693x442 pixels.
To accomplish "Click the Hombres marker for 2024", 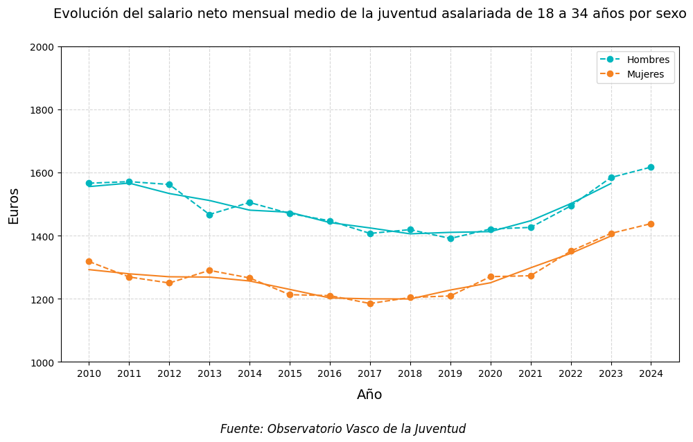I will tap(651, 167).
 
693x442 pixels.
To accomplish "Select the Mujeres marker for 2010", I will tap(89, 261).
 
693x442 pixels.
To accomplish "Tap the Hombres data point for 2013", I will tap(209, 215).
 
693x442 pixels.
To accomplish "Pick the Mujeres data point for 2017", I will tap(370, 303).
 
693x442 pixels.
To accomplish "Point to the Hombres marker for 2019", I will tap(450, 238).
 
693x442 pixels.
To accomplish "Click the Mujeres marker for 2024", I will tap(651, 224).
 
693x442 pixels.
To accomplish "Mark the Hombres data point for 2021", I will tap(531, 227).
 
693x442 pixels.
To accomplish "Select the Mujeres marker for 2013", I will tap(209, 270).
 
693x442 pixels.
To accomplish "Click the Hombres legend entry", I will tap(634, 60).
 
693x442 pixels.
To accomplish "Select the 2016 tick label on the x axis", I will tap(330, 373).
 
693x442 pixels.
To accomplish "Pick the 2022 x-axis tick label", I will tap(571, 373).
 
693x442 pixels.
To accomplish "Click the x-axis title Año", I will tap(369, 395).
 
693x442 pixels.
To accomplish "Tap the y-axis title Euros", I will tap(14, 206).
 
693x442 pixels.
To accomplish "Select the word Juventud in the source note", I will tap(440, 429).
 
